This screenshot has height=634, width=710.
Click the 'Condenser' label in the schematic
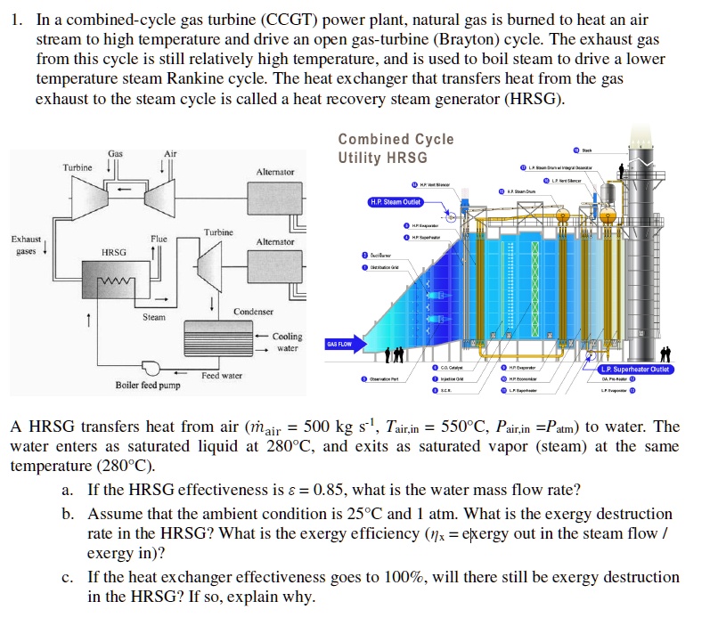click(254, 312)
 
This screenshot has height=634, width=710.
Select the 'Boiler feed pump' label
click(148, 386)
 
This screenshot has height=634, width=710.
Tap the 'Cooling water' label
click(287, 342)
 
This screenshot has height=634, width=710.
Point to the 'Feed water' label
click(221, 376)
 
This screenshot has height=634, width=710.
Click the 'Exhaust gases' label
click(25, 245)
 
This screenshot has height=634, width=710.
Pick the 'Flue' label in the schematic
click(159, 239)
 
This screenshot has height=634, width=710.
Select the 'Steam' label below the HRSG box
click(154, 317)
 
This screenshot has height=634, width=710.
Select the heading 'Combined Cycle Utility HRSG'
click(396, 149)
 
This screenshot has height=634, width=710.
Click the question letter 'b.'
click(68, 514)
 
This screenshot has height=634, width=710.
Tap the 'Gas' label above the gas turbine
click(115, 154)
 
